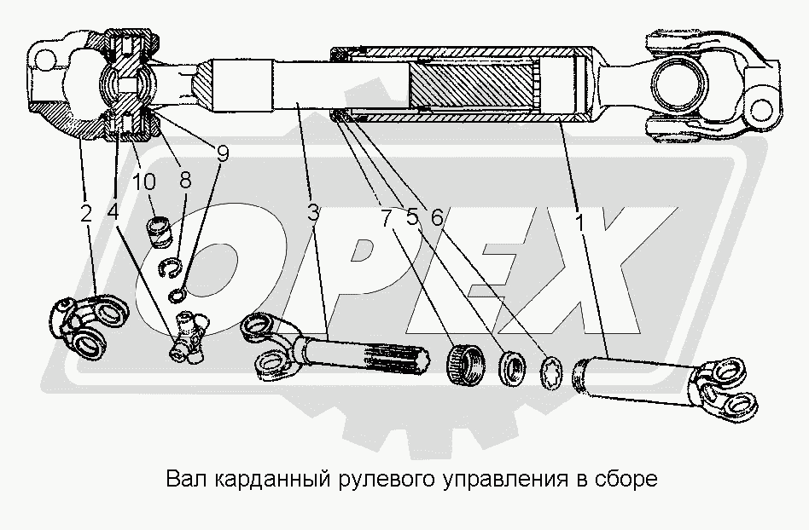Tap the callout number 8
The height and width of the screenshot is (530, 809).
[185, 181]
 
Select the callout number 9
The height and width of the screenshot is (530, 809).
[222, 154]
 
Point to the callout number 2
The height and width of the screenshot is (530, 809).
[85, 213]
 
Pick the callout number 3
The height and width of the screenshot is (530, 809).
[313, 213]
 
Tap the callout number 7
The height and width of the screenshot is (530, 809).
[387, 219]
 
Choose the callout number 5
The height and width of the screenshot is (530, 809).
[411, 217]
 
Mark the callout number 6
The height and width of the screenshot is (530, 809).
[436, 218]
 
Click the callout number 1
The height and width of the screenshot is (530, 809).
[579, 223]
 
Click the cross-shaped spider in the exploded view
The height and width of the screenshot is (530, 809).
[189, 334]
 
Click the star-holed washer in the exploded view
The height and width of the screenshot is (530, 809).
[550, 372]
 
